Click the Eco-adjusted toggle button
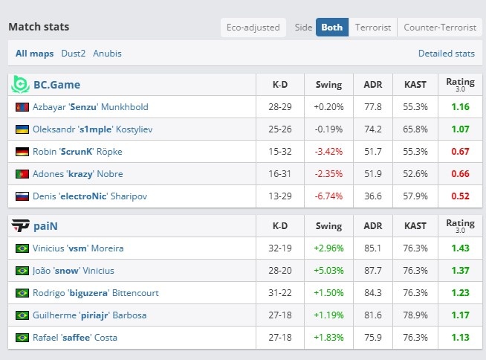pyautogui.click(x=253, y=28)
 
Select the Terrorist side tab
pyautogui.click(x=373, y=28)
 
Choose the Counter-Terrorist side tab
pyautogui.click(x=440, y=28)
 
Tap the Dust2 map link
pyautogui.click(x=73, y=54)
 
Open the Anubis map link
pyautogui.click(x=107, y=54)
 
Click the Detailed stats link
pyautogui.click(x=447, y=54)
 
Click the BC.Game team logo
pyautogui.click(x=20, y=84)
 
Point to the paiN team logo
pyautogui.click(x=21, y=225)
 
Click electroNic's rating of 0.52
pyautogui.click(x=460, y=196)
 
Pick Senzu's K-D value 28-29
pyautogui.click(x=280, y=107)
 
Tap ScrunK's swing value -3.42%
pyautogui.click(x=328, y=152)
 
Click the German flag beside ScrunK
pyautogui.click(x=22, y=152)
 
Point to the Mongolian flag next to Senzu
pyautogui.click(x=22, y=107)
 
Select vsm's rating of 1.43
pyautogui.click(x=460, y=248)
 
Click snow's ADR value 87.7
pyautogui.click(x=373, y=270)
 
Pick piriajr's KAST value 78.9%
pyautogui.click(x=415, y=315)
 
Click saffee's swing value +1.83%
pyautogui.click(x=328, y=338)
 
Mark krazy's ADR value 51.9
pyautogui.click(x=373, y=174)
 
